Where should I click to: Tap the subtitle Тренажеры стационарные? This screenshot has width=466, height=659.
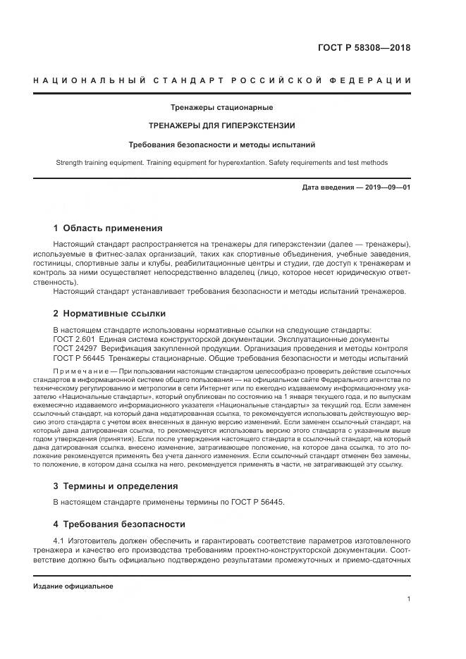[221, 108]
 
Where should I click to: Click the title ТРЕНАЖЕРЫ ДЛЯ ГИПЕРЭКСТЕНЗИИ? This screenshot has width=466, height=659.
[221, 126]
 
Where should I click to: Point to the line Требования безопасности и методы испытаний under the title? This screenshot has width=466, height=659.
[221, 144]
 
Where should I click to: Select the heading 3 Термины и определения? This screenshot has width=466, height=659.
[116, 486]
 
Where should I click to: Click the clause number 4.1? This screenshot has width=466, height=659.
[59, 540]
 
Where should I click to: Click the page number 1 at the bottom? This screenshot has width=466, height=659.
[409, 599]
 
